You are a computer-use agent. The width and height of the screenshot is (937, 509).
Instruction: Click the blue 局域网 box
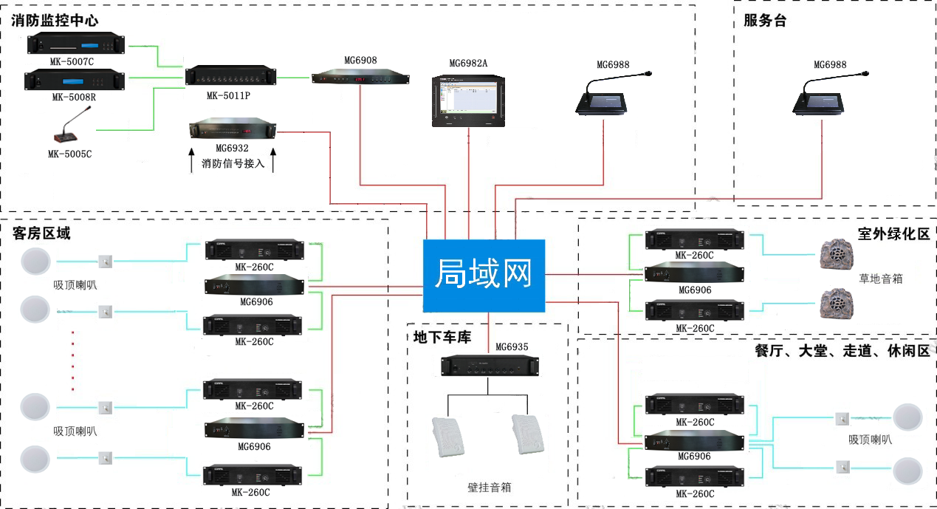click(484, 275)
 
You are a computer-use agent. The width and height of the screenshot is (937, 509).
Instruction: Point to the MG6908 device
click(360, 77)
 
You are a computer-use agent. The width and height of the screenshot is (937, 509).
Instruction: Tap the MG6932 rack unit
click(232, 130)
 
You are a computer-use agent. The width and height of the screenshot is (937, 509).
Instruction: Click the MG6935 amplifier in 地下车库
click(489, 365)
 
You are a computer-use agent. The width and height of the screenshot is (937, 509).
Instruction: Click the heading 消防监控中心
click(55, 20)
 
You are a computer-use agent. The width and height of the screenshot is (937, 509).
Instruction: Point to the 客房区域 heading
click(42, 233)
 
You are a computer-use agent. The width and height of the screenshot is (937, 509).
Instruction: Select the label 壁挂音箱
click(489, 487)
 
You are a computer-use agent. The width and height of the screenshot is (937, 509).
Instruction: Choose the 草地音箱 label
click(880, 279)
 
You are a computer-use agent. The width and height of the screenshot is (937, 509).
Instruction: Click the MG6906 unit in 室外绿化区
click(694, 273)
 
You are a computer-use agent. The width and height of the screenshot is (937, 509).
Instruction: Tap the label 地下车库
click(442, 337)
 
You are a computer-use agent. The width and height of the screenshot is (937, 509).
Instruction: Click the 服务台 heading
click(765, 21)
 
